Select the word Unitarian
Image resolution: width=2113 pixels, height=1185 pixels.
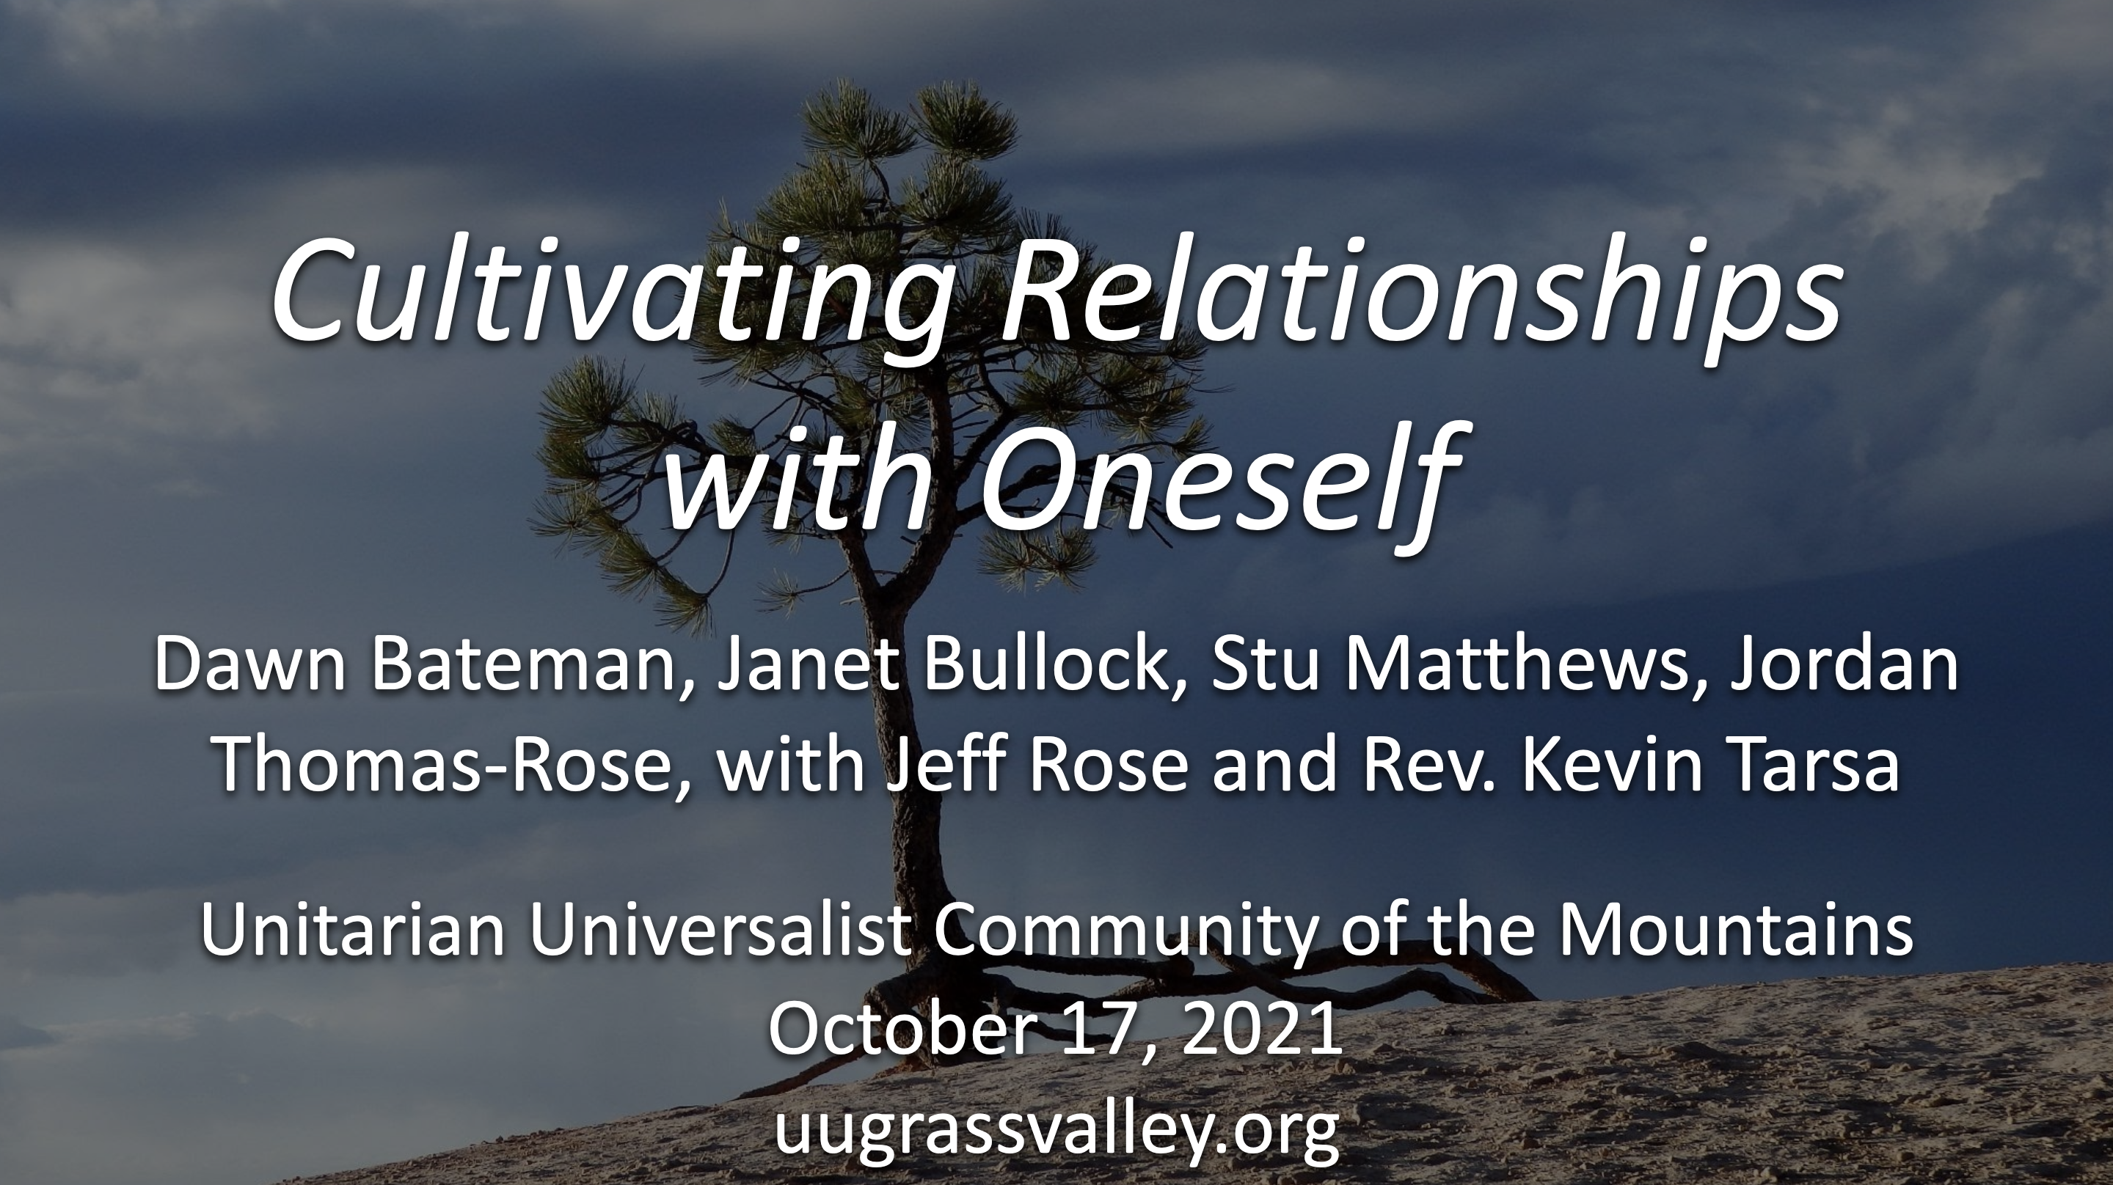(x=353, y=931)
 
